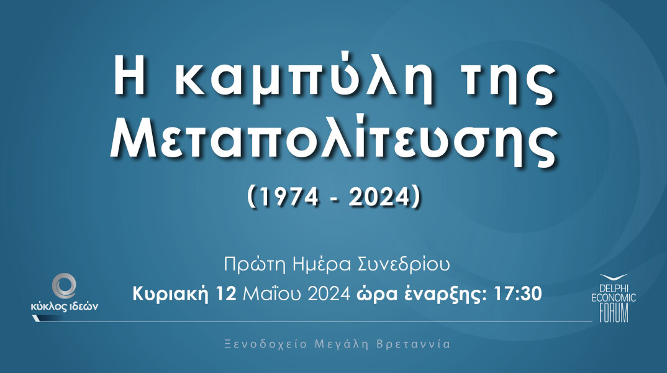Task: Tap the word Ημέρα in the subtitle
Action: [x=314, y=265]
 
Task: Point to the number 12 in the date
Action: [x=227, y=293]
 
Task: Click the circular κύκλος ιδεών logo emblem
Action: [x=64, y=287]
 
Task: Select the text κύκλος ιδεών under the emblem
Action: [x=64, y=306]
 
